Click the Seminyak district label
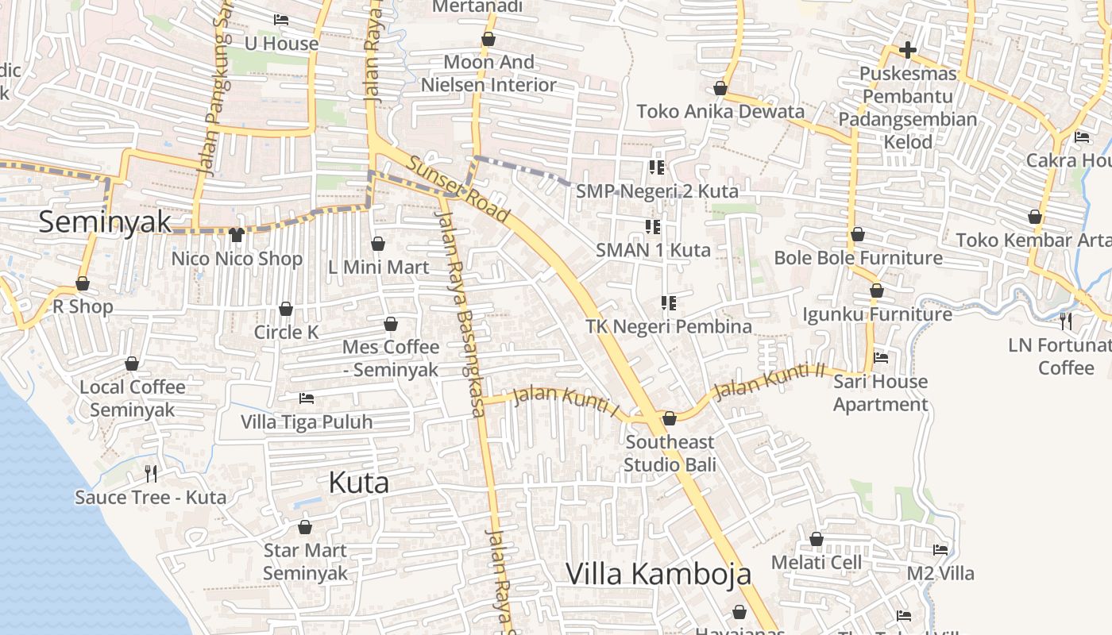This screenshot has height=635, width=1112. pyautogui.click(x=105, y=221)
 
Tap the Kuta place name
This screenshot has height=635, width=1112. pyautogui.click(x=359, y=483)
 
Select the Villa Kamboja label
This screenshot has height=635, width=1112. pyautogui.click(x=658, y=573)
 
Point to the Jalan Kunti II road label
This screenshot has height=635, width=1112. pyautogui.click(x=770, y=382)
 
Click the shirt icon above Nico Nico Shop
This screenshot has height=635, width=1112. pyautogui.click(x=236, y=234)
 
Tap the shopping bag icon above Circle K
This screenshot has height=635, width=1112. pyautogui.click(x=286, y=308)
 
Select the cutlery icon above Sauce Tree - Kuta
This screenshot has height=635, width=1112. pyautogui.click(x=151, y=474)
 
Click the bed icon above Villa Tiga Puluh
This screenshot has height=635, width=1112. pyautogui.click(x=307, y=398)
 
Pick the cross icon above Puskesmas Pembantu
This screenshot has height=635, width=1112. pyautogui.click(x=907, y=51)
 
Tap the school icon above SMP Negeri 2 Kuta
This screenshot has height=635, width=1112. pyautogui.click(x=656, y=167)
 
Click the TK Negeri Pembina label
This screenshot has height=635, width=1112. pyautogui.click(x=669, y=326)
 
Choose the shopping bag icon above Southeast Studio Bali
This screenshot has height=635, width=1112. pyautogui.click(x=670, y=418)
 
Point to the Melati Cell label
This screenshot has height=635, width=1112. pyautogui.click(x=817, y=563)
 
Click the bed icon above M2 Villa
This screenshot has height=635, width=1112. pyautogui.click(x=940, y=549)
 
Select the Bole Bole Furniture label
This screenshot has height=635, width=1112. pyautogui.click(x=858, y=258)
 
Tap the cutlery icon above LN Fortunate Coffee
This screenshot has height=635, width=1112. pyautogui.click(x=1066, y=321)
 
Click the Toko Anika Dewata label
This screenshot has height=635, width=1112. pyautogui.click(x=720, y=111)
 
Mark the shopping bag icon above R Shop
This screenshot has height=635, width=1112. pyautogui.click(x=83, y=283)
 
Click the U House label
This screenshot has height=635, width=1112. pyautogui.click(x=281, y=44)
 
